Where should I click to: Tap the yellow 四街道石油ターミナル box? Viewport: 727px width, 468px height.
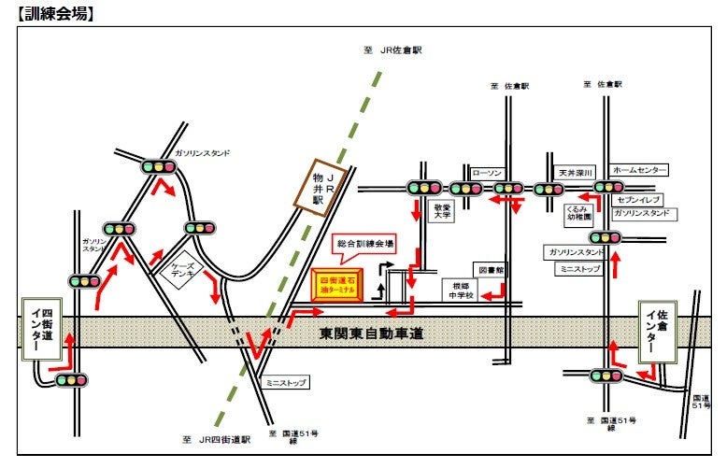338,287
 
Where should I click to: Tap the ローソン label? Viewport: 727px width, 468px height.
487,173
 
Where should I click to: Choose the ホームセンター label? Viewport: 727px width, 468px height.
640,170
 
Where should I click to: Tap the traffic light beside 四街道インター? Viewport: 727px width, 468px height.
71,380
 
